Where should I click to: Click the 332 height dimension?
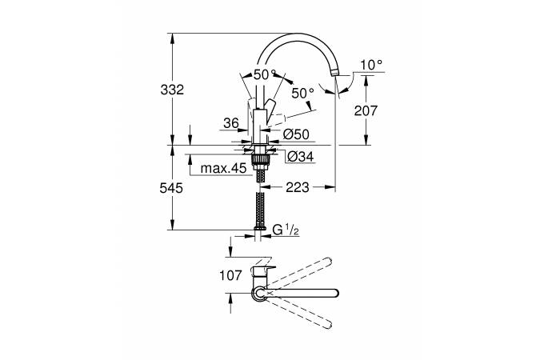(x=172, y=90)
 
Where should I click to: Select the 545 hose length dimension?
(x=171, y=189)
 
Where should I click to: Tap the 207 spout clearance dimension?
(x=366, y=111)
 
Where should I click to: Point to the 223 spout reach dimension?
(x=298, y=187)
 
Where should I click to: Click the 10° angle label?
(x=371, y=65)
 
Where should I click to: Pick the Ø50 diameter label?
(x=296, y=134)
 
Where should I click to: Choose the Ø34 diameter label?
(x=300, y=157)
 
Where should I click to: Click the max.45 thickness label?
(x=223, y=169)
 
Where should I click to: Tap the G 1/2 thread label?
(x=286, y=230)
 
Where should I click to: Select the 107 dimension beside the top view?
(x=231, y=275)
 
